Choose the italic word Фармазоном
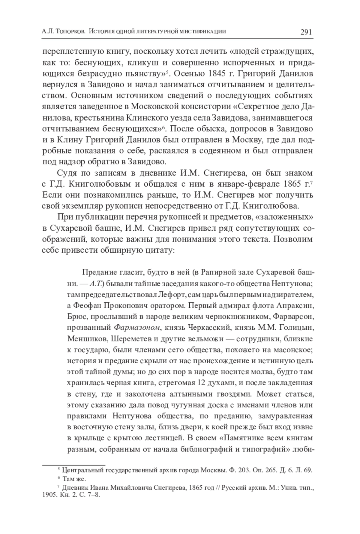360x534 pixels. click(137, 328)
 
